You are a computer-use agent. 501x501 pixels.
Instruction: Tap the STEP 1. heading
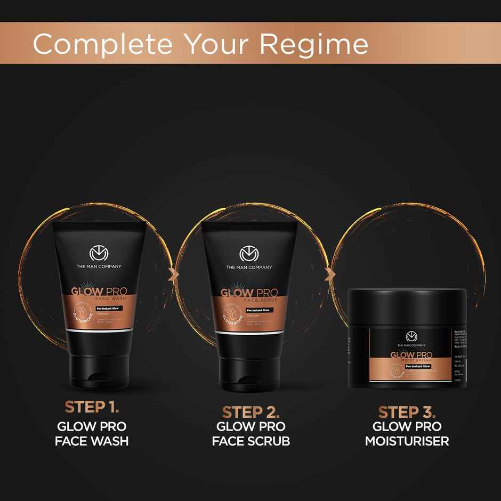tap(92, 407)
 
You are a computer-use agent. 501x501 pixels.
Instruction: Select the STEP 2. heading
tap(250, 412)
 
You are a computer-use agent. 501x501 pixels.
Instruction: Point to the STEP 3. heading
tap(407, 412)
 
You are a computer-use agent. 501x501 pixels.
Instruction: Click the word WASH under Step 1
tap(109, 441)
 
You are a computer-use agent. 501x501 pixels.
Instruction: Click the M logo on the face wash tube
tap(99, 254)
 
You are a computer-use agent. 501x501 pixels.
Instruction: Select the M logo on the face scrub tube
tap(249, 254)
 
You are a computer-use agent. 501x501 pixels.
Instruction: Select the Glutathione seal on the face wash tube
tap(76, 314)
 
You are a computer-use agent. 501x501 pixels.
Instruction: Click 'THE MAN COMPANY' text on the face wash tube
tap(99, 266)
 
